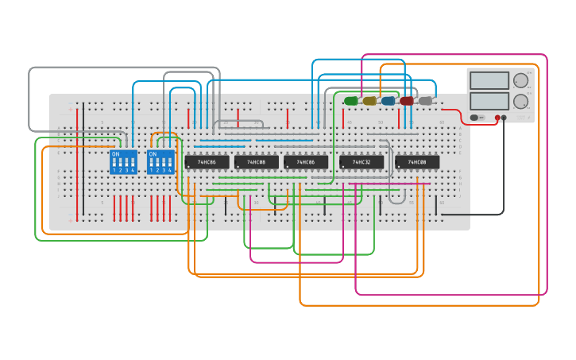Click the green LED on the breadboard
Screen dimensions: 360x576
point(351,101)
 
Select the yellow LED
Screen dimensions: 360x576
point(369,101)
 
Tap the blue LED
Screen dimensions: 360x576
point(388,101)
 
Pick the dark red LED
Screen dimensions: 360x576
point(407,101)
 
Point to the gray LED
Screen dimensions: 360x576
point(425,101)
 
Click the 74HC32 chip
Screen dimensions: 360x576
point(361,162)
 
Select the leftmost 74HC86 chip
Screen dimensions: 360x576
point(207,162)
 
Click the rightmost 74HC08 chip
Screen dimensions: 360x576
point(417,162)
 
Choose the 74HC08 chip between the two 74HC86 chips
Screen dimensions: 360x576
point(256,162)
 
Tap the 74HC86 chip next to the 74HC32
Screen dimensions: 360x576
point(306,162)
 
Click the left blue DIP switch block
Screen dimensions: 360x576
point(123,162)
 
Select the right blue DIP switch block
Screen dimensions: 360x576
point(160,162)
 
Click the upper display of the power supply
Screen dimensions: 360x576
point(489,80)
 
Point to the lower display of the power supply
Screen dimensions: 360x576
point(489,101)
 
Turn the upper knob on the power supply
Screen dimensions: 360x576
point(520,80)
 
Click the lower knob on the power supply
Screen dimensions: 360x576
point(520,101)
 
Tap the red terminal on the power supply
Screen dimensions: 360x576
point(497,118)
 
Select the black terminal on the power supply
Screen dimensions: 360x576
point(504,118)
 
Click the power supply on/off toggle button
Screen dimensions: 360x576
point(474,118)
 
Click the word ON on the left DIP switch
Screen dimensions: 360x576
point(116,154)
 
